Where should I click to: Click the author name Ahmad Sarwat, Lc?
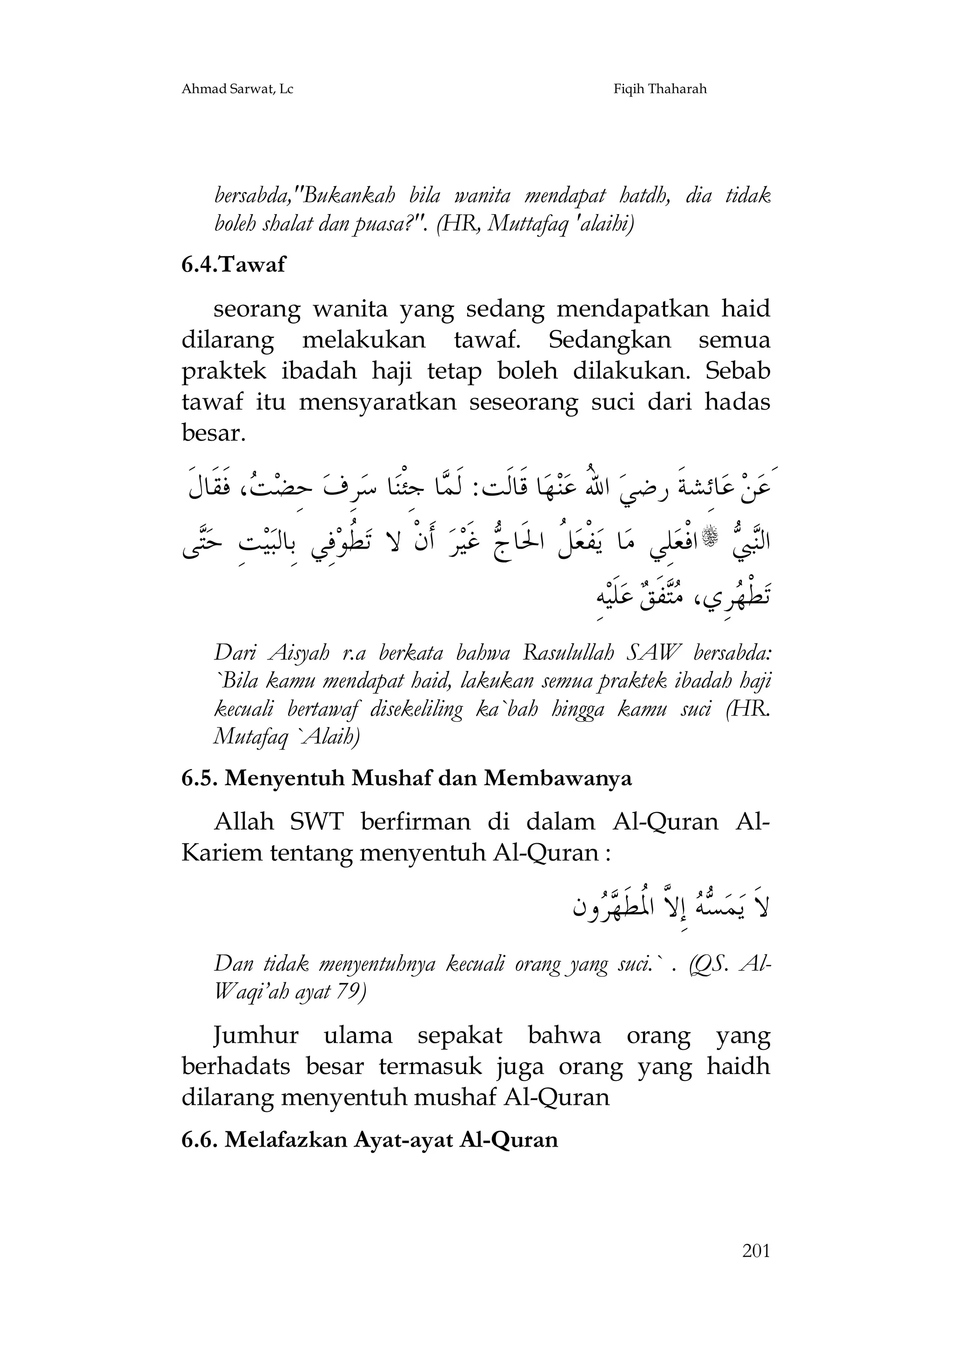click(237, 89)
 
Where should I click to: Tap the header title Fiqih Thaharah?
click(660, 89)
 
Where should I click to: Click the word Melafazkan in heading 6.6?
click(288, 1140)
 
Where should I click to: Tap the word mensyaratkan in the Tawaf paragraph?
click(377, 403)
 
